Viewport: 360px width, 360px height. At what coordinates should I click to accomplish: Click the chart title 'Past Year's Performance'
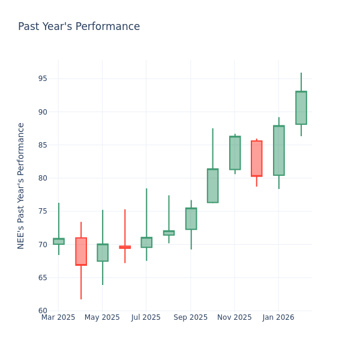point(79,27)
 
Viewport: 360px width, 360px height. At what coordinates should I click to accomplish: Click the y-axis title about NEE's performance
point(21,185)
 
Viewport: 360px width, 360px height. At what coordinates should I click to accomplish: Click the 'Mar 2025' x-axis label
point(58,317)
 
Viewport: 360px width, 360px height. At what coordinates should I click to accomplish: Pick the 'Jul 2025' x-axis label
point(146,317)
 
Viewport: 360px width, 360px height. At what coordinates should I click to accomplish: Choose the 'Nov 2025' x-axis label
point(234,317)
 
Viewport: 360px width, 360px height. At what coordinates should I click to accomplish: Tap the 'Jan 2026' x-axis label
point(278,317)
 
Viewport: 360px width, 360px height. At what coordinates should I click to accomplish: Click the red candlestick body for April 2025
point(81,251)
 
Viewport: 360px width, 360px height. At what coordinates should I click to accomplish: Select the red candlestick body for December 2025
point(257,158)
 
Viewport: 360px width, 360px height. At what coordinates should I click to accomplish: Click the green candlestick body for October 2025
point(212,185)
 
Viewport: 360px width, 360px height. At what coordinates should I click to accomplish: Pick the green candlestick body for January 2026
point(278,151)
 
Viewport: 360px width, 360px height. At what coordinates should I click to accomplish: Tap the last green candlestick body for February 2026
point(301,108)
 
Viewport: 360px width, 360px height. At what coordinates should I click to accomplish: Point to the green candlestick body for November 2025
point(235,153)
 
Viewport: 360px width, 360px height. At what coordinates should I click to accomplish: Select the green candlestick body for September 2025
point(191,218)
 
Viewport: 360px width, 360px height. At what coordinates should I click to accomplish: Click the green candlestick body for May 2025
point(103,253)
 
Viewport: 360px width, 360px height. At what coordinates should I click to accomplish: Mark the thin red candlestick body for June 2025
point(125,247)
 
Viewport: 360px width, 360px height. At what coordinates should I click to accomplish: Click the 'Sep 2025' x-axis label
point(190,317)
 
